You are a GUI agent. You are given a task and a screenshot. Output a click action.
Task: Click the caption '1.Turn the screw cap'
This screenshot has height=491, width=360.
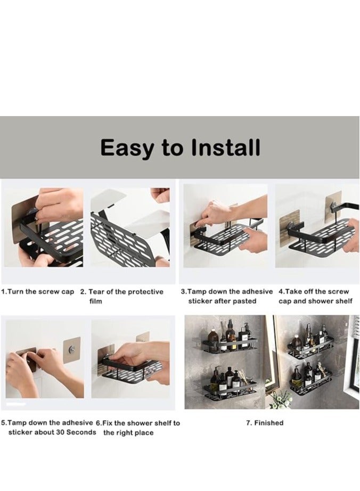[x=38, y=292]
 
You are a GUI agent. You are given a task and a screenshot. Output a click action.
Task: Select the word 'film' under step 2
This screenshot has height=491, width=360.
[x=96, y=301]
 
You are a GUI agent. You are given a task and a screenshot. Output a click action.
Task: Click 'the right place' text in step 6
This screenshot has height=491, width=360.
[x=128, y=433]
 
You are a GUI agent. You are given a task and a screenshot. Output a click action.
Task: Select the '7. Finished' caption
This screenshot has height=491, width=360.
[x=265, y=423]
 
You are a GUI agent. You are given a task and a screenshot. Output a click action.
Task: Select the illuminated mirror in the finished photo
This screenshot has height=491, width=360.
[x=271, y=351]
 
